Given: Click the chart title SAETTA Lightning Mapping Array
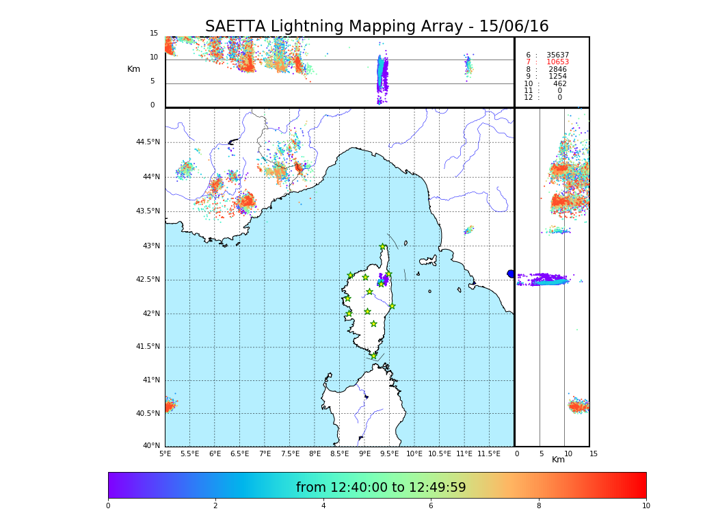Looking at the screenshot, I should pos(377,27).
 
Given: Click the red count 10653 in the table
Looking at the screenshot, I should pos(557,62).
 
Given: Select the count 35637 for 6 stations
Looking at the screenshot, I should pos(557,55).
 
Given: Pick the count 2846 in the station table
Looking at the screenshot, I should pos(557,69).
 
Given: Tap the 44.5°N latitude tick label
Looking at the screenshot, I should pos(147,142).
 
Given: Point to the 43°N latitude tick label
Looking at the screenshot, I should pos(150,246).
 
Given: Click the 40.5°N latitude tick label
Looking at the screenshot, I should pos(147,414).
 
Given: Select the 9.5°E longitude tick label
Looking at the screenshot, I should pos(389,453).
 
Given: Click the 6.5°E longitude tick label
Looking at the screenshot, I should pos(239,453).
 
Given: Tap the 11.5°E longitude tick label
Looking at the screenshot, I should pos(490,453).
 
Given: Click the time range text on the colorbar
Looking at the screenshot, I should pos(381,488).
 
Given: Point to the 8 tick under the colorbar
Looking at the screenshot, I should pos(538,505).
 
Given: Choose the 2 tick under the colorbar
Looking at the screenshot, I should pos(215,505).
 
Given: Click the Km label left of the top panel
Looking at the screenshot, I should pos(133,69).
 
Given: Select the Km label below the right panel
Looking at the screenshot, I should pos(558,460).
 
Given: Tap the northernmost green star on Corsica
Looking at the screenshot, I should pos(383,247).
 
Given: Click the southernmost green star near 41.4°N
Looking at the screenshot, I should pos(373,356).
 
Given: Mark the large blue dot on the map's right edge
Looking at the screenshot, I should pos(511,274).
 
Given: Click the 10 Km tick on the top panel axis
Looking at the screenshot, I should pos(154,57).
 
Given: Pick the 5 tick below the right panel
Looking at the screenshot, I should pos(541,453).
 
